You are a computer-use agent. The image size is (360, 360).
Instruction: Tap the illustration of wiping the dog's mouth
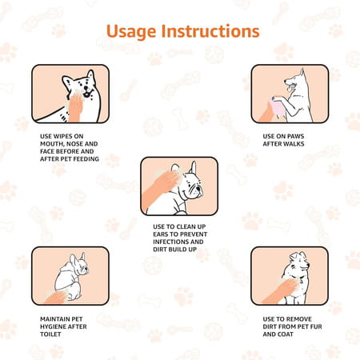point(70,94)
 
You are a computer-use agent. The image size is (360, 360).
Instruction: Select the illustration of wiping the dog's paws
point(289,94)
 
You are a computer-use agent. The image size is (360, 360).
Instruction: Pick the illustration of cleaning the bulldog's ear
point(179,186)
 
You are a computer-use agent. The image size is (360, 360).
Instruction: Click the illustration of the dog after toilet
point(70,275)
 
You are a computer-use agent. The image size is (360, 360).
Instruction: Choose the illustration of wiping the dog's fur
point(289,275)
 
